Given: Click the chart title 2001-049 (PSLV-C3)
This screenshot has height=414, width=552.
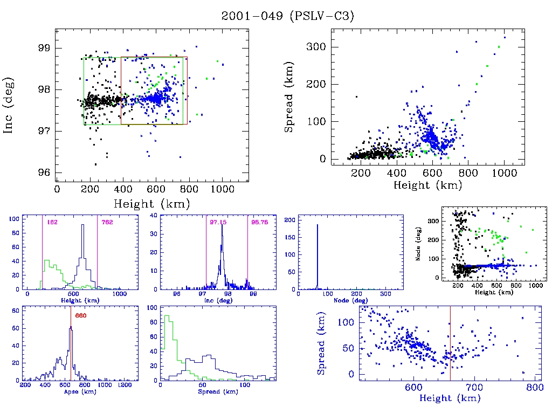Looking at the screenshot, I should pyautogui.click(x=287, y=16).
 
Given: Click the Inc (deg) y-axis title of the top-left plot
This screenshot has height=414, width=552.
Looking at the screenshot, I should pyautogui.click(x=9, y=106).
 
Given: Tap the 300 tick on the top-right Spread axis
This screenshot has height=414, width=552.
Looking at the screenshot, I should pyautogui.click(x=316, y=47).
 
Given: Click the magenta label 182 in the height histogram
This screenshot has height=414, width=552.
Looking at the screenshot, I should pyautogui.click(x=52, y=223).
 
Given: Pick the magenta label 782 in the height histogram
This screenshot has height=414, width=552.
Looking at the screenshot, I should pyautogui.click(x=107, y=223).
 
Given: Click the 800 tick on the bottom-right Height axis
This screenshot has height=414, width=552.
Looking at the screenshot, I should pyautogui.click(x=534, y=388).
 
